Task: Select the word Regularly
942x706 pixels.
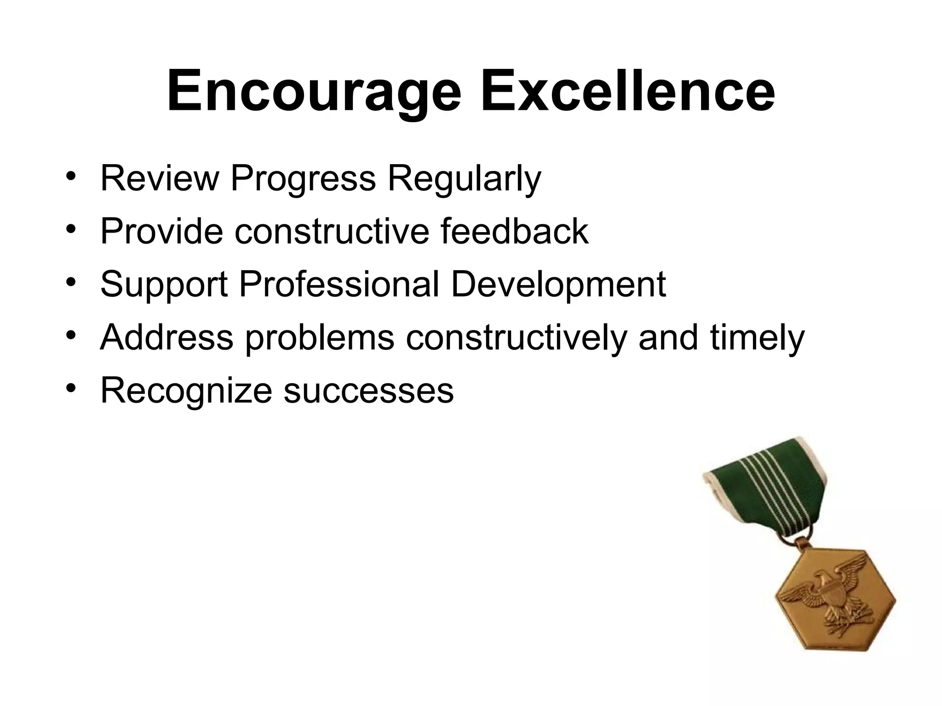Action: [465, 179]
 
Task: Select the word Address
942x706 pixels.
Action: [167, 337]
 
